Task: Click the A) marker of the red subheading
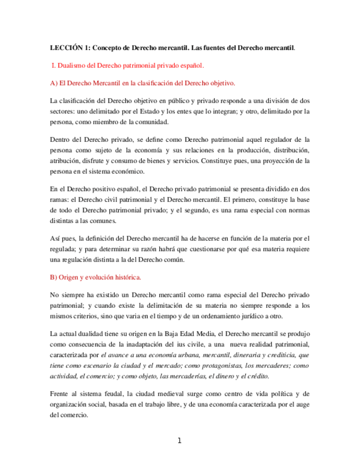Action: pos(53,84)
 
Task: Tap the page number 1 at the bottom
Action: pos(179,441)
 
